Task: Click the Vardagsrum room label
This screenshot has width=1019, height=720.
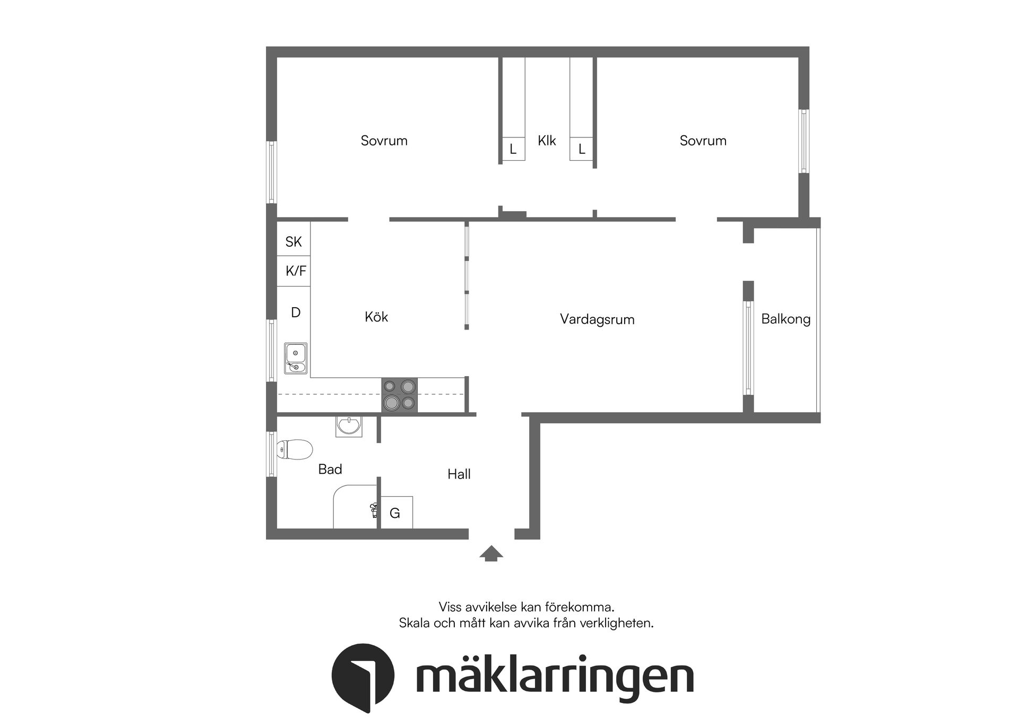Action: pos(597,319)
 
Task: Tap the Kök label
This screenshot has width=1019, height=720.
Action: pos(376,317)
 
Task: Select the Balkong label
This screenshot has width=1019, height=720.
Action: pos(785,319)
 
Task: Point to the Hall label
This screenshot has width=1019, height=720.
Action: pos(459,474)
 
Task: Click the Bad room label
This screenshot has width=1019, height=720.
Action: pos(330,469)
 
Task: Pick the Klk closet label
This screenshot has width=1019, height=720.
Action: pos(547,141)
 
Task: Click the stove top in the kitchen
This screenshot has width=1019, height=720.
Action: pos(400,395)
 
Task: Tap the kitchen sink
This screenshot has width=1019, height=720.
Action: pos(296,358)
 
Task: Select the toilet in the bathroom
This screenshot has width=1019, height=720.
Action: pos(295,449)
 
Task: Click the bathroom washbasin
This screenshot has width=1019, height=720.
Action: pos(349,426)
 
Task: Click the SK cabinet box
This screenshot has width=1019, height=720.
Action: pos(293,242)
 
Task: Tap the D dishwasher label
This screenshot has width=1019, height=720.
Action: pos(296,313)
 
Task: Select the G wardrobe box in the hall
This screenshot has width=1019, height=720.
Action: pos(395,513)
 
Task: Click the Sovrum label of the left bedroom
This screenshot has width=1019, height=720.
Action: pos(384,141)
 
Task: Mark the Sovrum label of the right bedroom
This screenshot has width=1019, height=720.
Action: pos(703,141)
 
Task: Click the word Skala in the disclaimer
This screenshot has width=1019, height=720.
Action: pos(415,623)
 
